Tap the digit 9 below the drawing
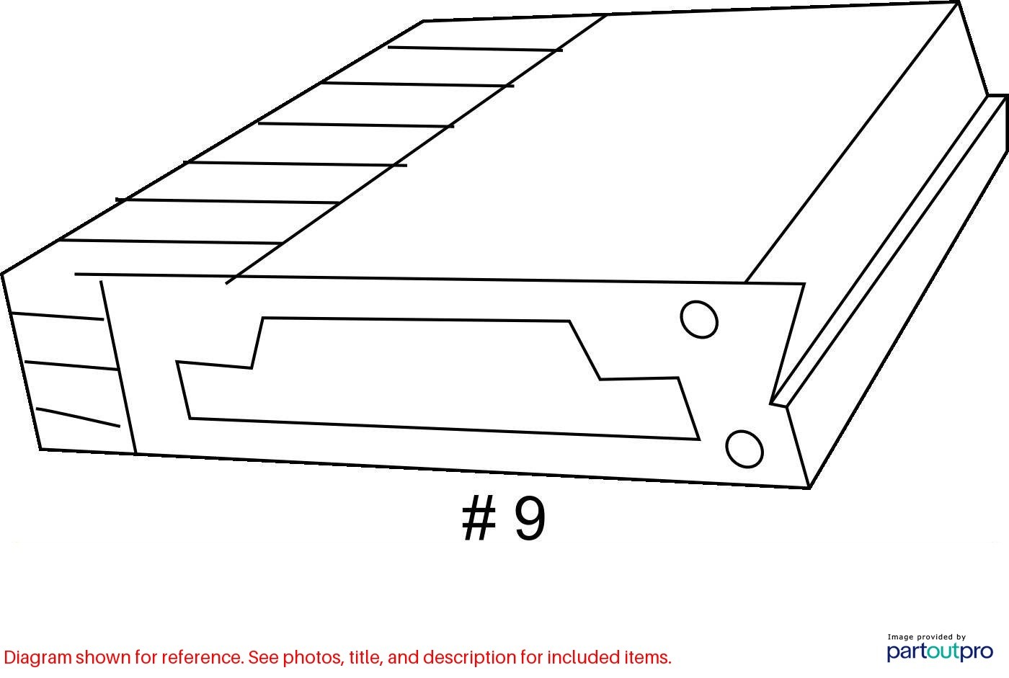tap(530, 519)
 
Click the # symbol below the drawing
tap(479, 518)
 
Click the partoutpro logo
tap(940, 652)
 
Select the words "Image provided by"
tap(927, 637)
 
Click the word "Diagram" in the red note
tap(37, 659)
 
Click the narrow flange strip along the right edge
tap(890, 250)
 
